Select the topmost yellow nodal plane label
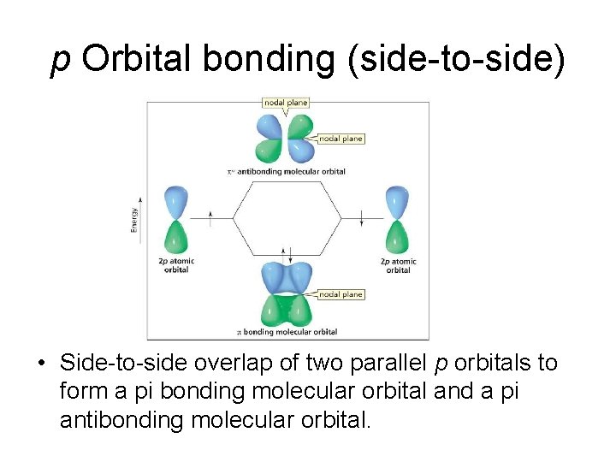pyautogui.click(x=286, y=103)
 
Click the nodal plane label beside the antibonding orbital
pyautogui.click(x=341, y=139)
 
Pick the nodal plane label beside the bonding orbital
pyautogui.click(x=341, y=294)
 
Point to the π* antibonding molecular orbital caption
pyautogui.click(x=286, y=171)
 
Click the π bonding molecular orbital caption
pyautogui.click(x=287, y=332)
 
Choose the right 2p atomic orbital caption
pyautogui.click(x=398, y=265)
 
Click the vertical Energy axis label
pyautogui.click(x=133, y=220)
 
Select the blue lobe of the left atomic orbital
pyautogui.click(x=176, y=201)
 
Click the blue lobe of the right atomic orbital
pyautogui.click(x=398, y=201)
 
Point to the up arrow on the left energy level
pyautogui.click(x=210, y=217)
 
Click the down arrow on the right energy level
pyautogui.click(x=362, y=217)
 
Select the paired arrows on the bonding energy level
pyautogui.click(x=291, y=254)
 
